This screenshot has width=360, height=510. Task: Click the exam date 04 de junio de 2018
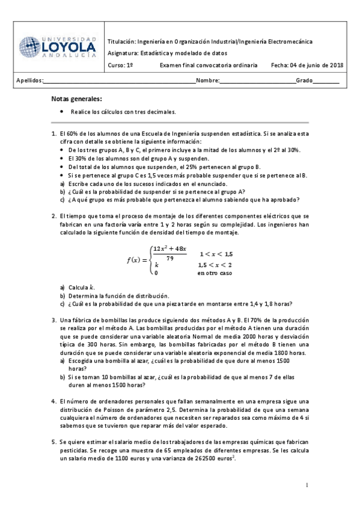pos(307,65)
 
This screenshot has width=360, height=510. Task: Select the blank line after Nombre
pos(258,81)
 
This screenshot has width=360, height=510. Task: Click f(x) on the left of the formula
pos(136,260)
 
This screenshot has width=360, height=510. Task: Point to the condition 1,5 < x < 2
pos(215,265)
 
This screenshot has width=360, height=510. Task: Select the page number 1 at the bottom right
pos(307,485)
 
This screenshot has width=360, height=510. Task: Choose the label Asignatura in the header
pos(122,53)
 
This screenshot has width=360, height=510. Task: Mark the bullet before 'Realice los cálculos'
pos(63,112)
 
